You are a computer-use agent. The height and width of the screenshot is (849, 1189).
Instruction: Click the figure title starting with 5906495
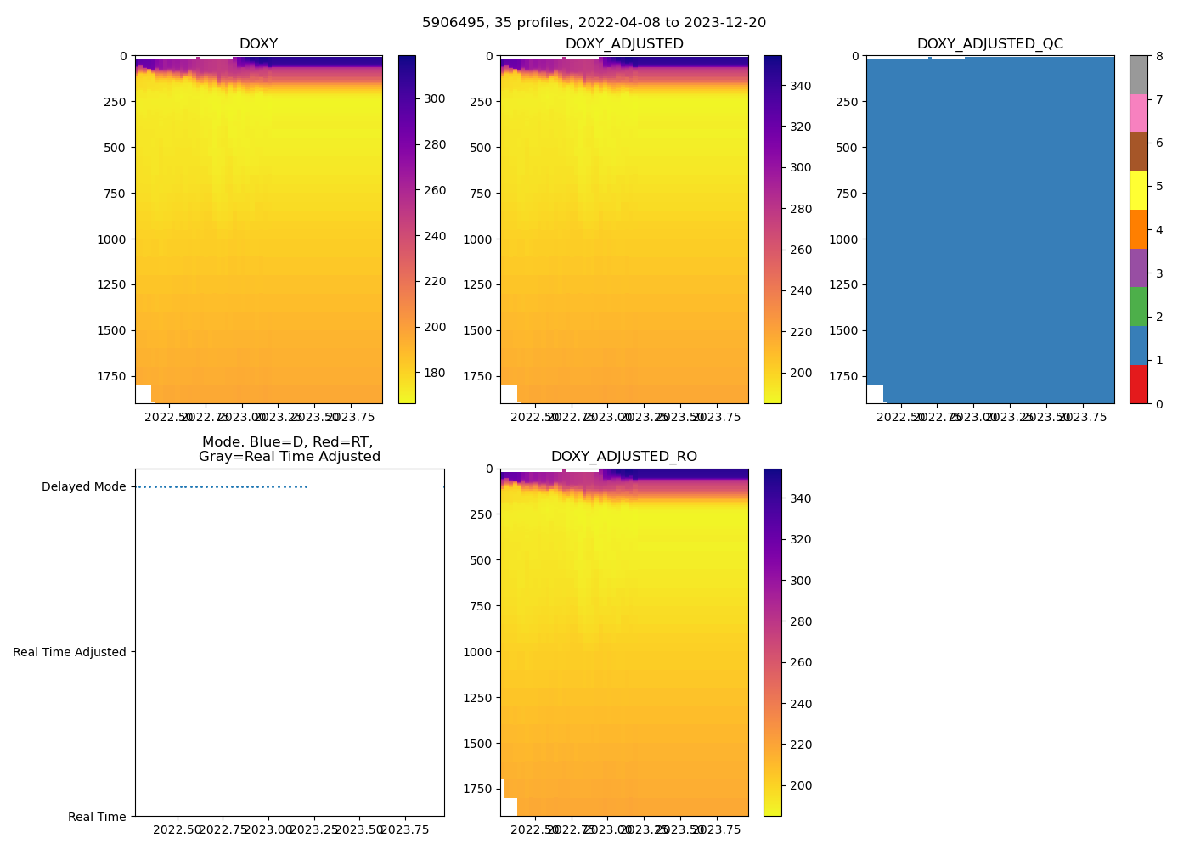[594, 23]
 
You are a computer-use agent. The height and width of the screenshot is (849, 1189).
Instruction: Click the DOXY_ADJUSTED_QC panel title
[989, 44]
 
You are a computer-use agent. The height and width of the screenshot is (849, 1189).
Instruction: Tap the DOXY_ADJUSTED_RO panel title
[623, 457]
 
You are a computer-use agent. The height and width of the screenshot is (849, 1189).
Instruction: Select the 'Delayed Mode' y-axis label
[83, 486]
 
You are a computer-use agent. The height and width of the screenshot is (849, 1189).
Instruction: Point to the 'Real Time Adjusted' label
[70, 652]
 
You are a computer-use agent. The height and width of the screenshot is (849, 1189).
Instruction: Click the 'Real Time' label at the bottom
[97, 817]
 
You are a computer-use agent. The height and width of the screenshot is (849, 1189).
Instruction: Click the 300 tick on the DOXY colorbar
[435, 98]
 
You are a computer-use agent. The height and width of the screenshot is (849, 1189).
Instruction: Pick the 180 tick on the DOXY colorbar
[435, 373]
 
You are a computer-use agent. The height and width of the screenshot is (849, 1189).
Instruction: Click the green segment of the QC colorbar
[1138, 306]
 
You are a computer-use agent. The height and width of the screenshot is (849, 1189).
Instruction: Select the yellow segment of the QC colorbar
[1138, 190]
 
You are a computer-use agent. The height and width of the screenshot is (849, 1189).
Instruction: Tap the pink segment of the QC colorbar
[1138, 113]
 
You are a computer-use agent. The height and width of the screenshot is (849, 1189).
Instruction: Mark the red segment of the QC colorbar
[1138, 384]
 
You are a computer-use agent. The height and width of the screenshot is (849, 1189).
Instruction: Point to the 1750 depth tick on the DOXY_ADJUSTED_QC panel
[843, 376]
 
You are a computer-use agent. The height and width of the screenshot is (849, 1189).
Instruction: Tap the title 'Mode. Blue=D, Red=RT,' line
[287, 442]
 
